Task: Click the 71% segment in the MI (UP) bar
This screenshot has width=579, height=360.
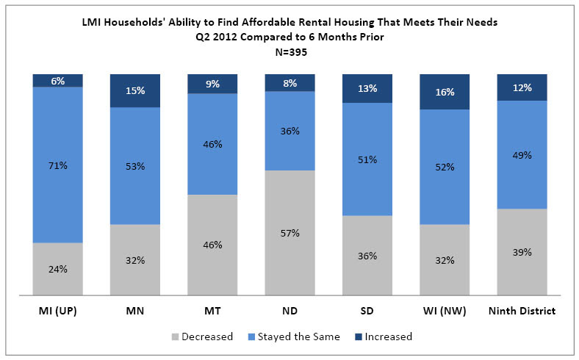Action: point(58,165)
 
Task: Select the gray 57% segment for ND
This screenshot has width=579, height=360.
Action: point(290,233)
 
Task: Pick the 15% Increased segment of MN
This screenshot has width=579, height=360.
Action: point(135,91)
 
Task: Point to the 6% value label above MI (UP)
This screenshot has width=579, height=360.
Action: point(58,82)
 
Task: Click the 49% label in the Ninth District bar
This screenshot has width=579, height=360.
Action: point(522,155)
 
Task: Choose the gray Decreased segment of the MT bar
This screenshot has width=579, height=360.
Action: point(212,245)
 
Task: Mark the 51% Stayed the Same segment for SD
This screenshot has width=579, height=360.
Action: point(367,159)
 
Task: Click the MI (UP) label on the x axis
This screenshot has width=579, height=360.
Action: point(58,311)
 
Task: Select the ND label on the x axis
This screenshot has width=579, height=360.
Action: point(290,311)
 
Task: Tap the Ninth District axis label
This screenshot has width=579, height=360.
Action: point(522,311)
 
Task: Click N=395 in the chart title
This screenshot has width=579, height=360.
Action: point(289,54)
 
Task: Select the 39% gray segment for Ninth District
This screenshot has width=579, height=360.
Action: point(522,252)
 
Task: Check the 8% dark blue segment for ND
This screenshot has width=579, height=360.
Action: point(290,82)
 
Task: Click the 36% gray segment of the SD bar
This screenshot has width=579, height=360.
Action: point(367,256)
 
